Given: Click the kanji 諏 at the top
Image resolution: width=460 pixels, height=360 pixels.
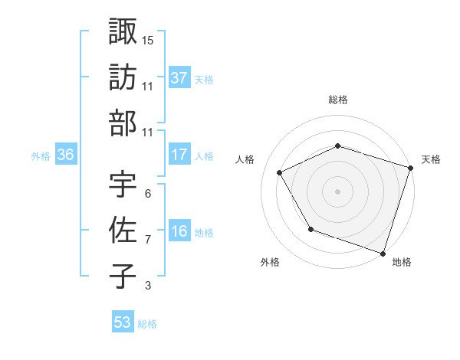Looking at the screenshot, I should coord(123,31).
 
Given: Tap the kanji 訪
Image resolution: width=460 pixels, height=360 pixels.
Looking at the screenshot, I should coord(123,77).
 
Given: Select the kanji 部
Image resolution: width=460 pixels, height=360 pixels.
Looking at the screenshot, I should coord(123,123).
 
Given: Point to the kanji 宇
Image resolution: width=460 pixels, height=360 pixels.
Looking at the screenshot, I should coord(123,185).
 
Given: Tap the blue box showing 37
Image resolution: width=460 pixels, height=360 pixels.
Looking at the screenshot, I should coord(179,77).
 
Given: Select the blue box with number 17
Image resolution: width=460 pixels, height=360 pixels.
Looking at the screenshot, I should coord(179,155).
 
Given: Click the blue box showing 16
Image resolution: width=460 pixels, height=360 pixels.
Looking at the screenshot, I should coord(179,231).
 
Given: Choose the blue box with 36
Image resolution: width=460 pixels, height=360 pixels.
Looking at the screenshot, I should coord(65,155).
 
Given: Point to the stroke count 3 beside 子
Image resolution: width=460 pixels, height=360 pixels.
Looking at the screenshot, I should coord(148,286).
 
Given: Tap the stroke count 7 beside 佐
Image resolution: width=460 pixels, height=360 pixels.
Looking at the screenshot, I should coord(148,240).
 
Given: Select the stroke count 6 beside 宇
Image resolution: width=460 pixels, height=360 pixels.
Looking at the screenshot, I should coord(148,194).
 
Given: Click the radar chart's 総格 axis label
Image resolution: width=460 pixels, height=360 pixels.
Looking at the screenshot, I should coord(338,100).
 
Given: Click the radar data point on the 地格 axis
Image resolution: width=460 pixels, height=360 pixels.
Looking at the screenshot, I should coord(383,252).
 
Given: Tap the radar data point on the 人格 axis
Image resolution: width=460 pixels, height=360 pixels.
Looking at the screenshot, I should coord(280,173).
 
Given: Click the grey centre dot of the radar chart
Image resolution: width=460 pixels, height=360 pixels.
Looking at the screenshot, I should coord(338,191).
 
